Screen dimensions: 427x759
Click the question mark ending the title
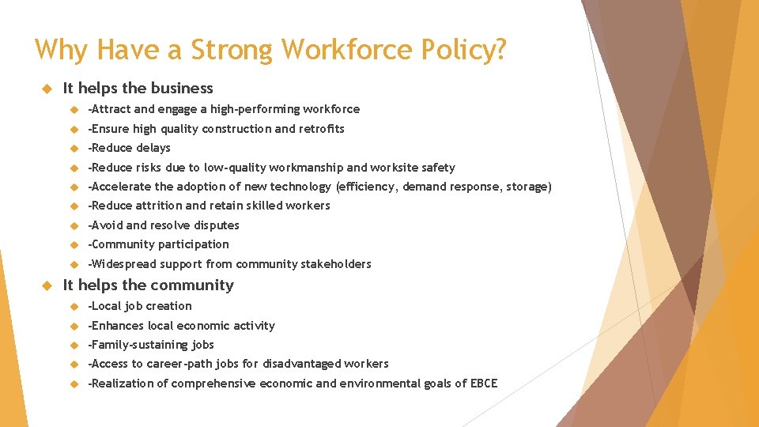[x=500, y=50]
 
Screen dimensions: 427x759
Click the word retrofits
[x=321, y=129]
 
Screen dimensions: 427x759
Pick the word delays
[x=152, y=148]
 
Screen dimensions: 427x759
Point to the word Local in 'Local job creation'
[x=104, y=306]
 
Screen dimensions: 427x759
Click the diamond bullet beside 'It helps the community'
[x=47, y=285]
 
